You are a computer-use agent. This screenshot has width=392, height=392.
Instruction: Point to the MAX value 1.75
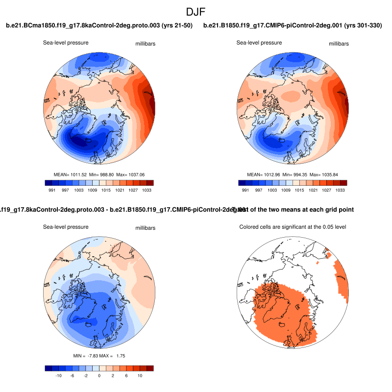point(121,355)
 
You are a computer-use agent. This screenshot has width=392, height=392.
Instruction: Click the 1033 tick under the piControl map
point(340,190)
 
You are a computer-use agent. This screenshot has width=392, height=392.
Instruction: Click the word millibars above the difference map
point(146,228)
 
